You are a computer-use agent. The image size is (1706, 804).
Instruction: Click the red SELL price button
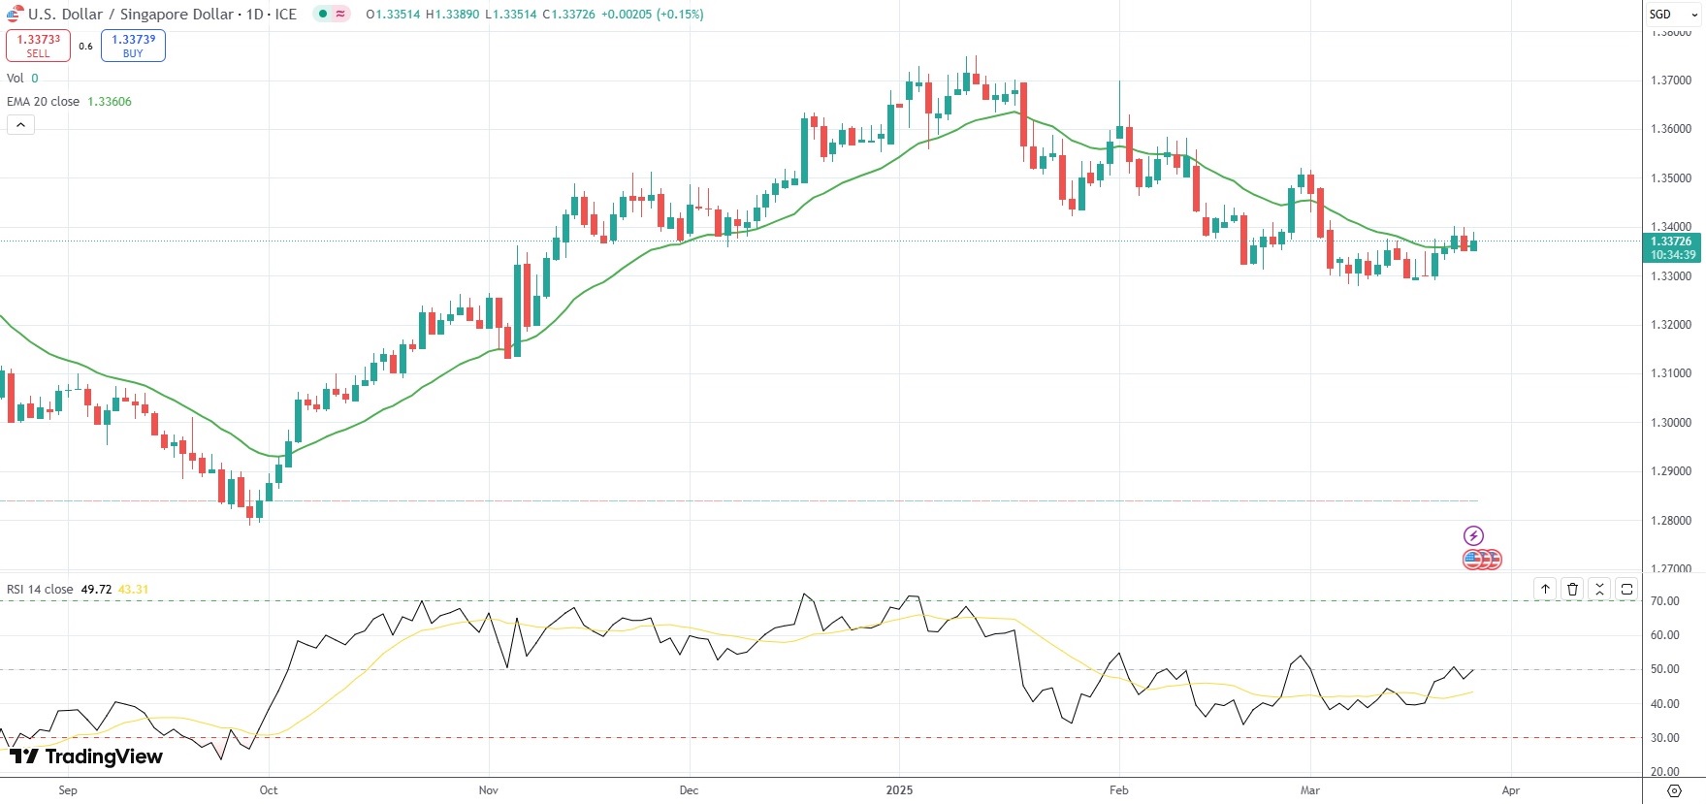tap(38, 46)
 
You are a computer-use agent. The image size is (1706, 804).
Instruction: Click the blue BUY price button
tap(133, 46)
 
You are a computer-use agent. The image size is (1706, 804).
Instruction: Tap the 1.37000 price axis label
tap(1670, 80)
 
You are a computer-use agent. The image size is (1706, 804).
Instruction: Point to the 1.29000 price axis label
tap(1670, 471)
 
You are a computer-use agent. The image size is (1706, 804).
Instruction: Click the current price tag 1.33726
tap(1670, 241)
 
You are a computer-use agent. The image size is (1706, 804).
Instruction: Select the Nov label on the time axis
tap(489, 790)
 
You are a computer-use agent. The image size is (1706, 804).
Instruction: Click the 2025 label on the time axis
tap(899, 790)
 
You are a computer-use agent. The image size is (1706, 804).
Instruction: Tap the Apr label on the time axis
tap(1510, 790)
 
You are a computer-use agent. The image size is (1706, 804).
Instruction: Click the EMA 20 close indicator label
tap(44, 102)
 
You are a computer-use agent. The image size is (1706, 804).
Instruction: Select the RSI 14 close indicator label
tap(40, 590)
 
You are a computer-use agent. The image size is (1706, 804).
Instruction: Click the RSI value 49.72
tap(96, 590)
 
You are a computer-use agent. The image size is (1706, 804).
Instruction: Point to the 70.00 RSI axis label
tap(1664, 601)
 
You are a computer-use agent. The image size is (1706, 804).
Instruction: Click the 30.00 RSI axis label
tap(1664, 738)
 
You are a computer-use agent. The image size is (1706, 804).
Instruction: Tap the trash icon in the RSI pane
tap(1572, 589)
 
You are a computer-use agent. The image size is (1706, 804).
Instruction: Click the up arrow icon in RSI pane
tap(1545, 589)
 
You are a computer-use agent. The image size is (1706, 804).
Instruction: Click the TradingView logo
tap(86, 756)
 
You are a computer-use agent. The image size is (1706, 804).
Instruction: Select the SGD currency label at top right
tap(1660, 15)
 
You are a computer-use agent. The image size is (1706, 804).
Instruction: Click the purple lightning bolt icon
tap(1473, 535)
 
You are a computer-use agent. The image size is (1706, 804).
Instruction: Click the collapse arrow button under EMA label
tap(20, 124)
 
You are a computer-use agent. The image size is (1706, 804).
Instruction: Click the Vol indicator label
tap(16, 79)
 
